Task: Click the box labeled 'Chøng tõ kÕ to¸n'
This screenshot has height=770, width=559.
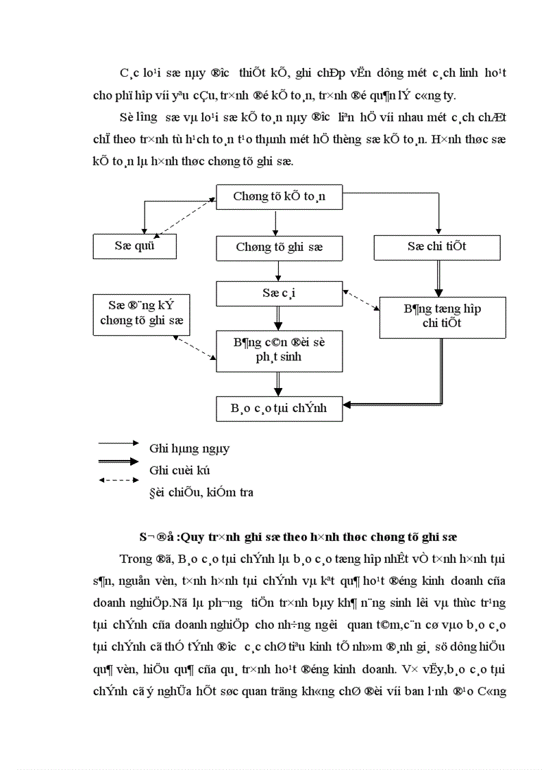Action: click(279, 197)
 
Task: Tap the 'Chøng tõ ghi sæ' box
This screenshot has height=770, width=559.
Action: click(279, 248)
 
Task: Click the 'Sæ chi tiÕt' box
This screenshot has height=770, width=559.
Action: click(436, 247)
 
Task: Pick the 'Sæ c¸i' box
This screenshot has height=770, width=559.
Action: click(279, 293)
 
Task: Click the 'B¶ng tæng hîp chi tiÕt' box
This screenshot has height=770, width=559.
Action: click(442, 316)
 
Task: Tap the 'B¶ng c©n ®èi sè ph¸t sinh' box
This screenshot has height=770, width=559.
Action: click(279, 349)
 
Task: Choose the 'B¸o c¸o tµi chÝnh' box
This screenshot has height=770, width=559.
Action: click(279, 408)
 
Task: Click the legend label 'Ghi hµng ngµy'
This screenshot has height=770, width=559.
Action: click(189, 448)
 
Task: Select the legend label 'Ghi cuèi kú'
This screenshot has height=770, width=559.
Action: click(179, 470)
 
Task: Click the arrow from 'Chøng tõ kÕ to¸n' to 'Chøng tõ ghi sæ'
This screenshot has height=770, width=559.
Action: click(275, 223)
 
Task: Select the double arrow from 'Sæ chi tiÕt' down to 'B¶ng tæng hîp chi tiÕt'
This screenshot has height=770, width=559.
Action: click(437, 278)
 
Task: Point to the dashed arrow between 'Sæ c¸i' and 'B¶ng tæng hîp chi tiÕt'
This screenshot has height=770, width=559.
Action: click(361, 300)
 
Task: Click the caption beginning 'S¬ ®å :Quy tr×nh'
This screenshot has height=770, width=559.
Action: click(294, 536)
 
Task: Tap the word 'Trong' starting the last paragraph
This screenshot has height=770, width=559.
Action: click(134, 557)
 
